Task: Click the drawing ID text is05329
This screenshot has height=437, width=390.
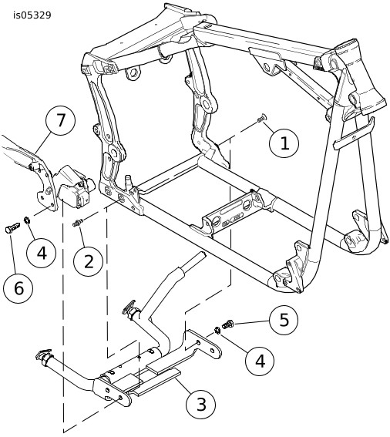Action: (x=32, y=15)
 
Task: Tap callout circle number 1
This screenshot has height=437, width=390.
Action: (x=284, y=143)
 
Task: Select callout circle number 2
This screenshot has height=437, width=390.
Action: (x=88, y=262)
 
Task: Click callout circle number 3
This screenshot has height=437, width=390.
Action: (x=200, y=404)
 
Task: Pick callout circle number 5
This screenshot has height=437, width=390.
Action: (x=284, y=320)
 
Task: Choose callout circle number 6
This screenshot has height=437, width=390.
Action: (x=18, y=288)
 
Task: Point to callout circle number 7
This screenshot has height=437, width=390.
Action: (x=60, y=121)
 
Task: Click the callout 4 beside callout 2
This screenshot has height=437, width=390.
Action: (x=42, y=254)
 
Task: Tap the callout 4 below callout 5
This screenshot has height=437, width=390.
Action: (x=260, y=361)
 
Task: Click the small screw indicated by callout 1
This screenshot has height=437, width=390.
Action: (x=262, y=118)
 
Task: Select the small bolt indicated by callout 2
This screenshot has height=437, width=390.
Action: (x=78, y=223)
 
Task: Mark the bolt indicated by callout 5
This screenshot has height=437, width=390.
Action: (x=227, y=324)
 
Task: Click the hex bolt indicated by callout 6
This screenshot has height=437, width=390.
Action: (x=12, y=227)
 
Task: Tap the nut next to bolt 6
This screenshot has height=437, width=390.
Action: (x=27, y=220)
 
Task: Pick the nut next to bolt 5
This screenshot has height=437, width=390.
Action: (x=217, y=331)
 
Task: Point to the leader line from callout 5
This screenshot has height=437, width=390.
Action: (x=251, y=323)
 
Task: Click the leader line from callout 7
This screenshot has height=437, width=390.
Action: (x=43, y=142)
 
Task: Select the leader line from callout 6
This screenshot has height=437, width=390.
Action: (x=13, y=254)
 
